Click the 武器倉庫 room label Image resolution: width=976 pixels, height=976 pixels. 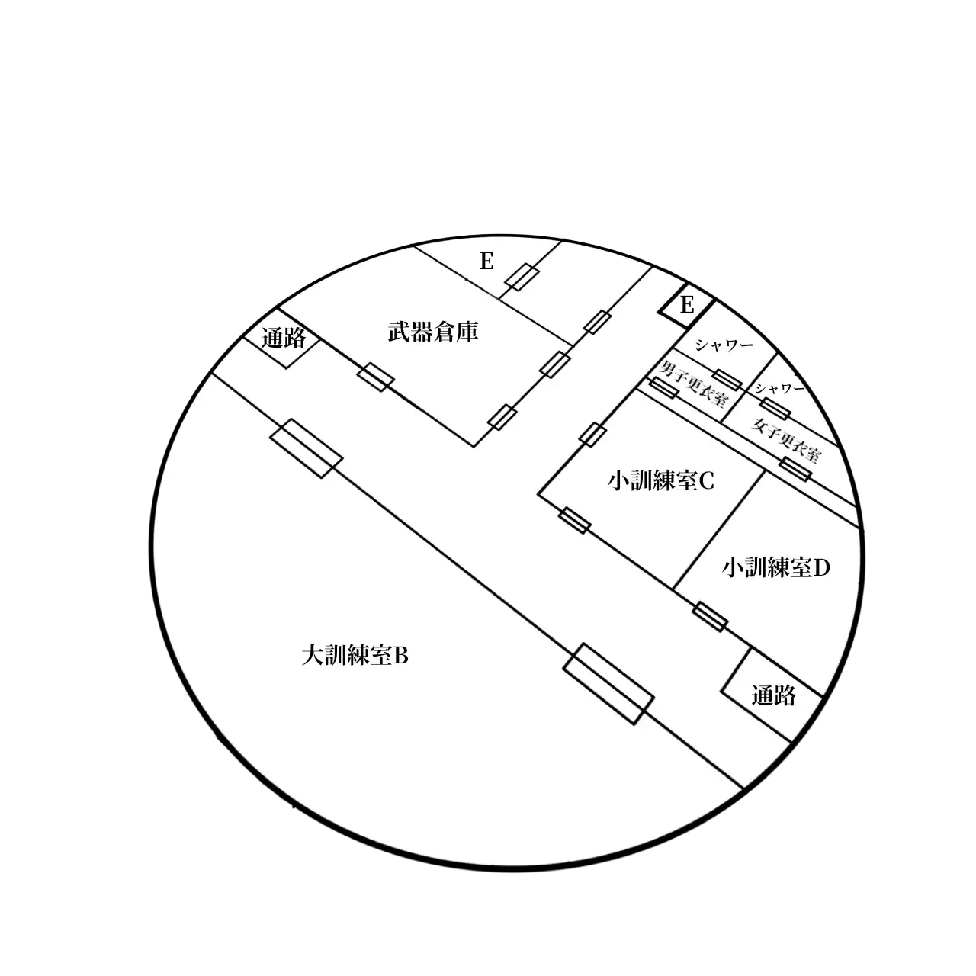click(433, 332)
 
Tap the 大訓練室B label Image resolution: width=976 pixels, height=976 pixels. click(355, 656)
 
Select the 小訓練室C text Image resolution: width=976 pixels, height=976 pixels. click(661, 480)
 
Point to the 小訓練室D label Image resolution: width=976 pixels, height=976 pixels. click(776, 568)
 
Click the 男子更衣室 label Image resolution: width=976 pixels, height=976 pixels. click(693, 384)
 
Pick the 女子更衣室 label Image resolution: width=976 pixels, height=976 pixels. click(785, 440)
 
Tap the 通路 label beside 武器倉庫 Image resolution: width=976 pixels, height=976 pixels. click(284, 338)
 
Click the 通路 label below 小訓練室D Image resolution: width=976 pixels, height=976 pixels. click(773, 695)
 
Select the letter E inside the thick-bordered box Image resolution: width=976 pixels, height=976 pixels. click(687, 305)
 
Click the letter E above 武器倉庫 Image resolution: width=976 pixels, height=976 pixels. click(486, 262)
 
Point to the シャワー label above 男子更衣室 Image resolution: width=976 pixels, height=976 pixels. click(724, 345)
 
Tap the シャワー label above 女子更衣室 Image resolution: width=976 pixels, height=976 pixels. click(779, 388)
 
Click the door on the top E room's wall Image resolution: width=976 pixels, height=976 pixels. click(522, 277)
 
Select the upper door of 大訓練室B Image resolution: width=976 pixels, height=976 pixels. click(306, 448)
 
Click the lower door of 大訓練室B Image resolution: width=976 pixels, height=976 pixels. click(608, 683)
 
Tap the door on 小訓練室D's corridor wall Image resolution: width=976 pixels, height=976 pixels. click(710, 616)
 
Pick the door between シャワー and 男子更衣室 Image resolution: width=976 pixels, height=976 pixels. click(728, 380)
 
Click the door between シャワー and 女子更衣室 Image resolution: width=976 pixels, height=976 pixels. click(775, 409)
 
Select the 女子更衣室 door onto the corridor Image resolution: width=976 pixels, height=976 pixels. click(795, 469)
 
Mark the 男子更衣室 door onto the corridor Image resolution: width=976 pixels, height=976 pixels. click(663, 388)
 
